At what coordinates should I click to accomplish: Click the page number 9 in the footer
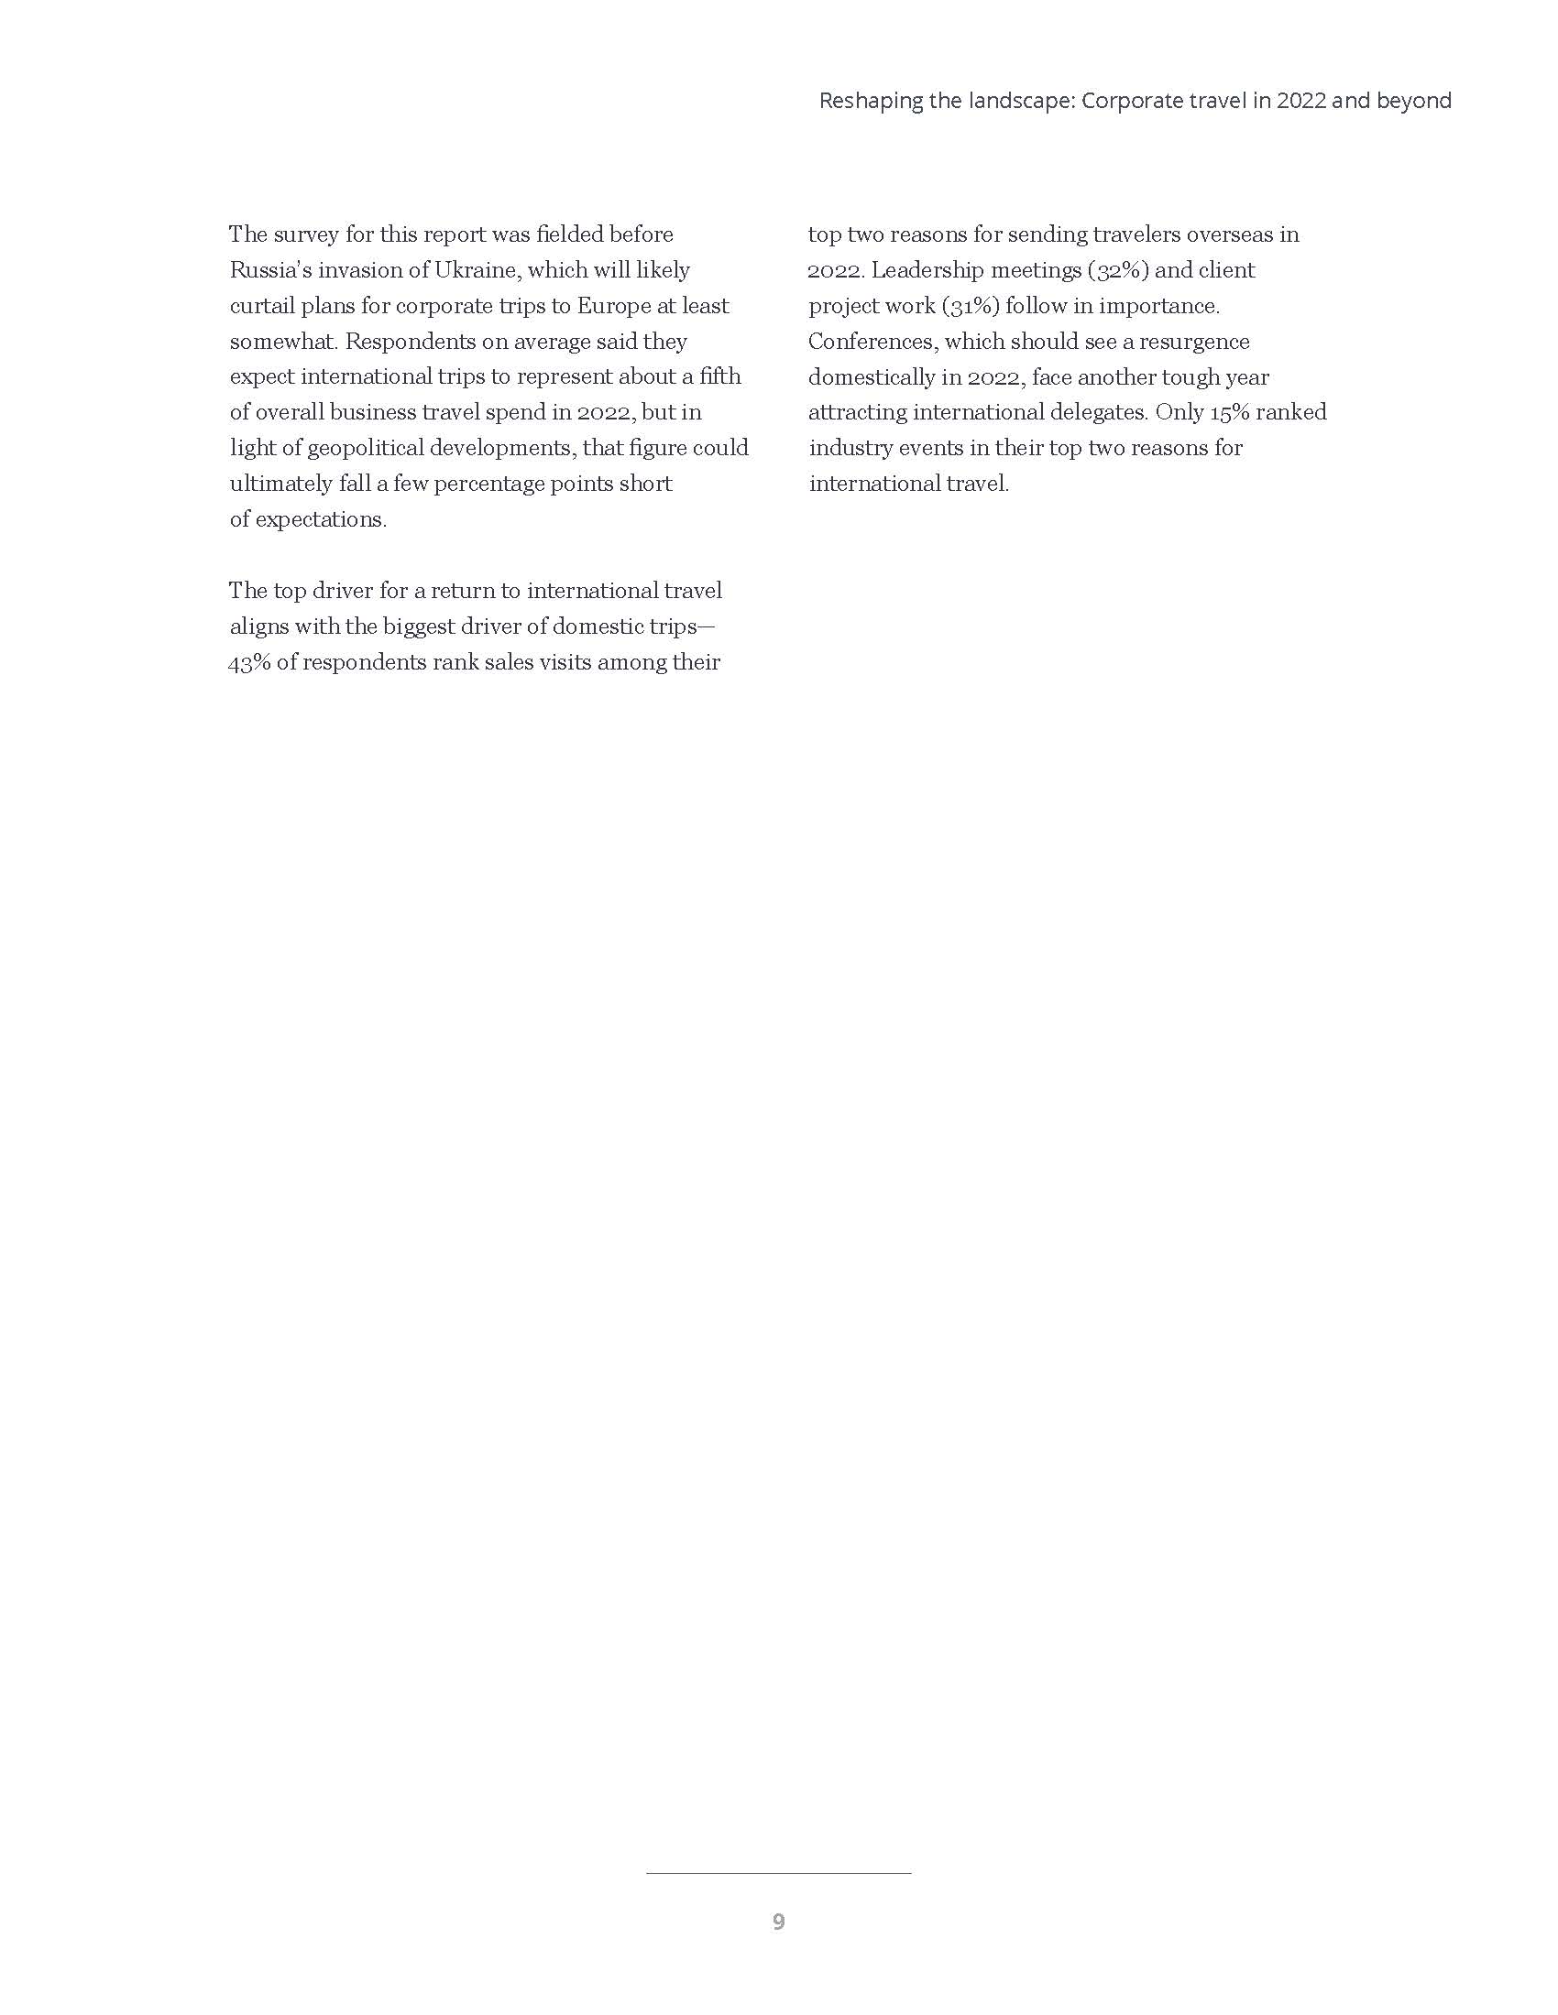[778, 1922]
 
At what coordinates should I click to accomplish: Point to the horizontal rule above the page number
[778, 1873]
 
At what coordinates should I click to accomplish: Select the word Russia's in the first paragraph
[269, 270]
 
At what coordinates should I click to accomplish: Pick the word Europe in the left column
[614, 305]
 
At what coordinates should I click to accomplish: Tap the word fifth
[720, 376]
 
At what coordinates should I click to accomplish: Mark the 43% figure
[248, 662]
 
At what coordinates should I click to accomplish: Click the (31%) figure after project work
[970, 305]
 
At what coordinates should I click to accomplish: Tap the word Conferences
[873, 342]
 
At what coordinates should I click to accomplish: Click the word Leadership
[927, 270]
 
